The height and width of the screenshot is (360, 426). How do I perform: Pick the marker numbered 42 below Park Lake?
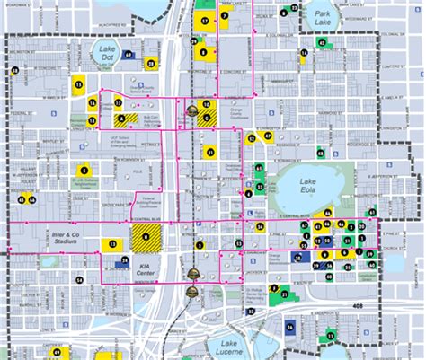pyautogui.click(x=319, y=43)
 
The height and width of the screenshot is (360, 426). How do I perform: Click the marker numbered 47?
pyautogui.click(x=267, y=136)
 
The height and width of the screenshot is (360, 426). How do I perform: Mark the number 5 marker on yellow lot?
pyautogui.click(x=84, y=167)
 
